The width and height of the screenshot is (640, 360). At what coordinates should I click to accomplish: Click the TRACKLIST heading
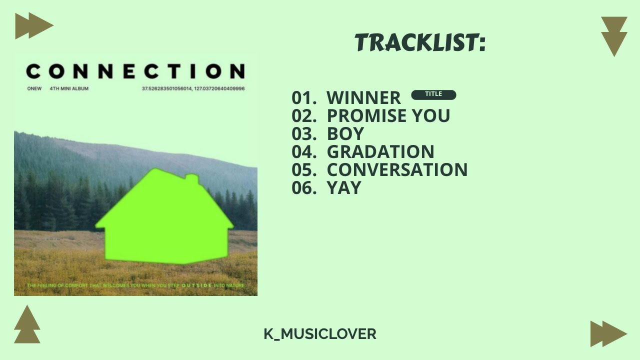[420, 43]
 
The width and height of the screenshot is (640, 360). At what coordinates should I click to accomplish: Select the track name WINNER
[363, 98]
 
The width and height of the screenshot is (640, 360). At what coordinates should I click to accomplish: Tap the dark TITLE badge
[433, 94]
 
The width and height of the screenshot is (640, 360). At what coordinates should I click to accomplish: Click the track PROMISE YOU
[388, 116]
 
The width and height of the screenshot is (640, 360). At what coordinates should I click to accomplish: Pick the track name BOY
[345, 134]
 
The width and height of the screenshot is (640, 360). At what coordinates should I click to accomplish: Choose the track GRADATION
[380, 152]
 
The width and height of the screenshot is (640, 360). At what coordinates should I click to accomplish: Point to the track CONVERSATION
[397, 170]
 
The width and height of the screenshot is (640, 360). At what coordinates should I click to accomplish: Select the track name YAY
[343, 188]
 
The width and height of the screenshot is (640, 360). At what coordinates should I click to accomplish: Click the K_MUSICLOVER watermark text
[320, 334]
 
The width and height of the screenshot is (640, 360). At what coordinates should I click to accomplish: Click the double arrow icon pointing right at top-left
[33, 26]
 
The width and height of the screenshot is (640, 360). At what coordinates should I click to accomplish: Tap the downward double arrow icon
[614, 36]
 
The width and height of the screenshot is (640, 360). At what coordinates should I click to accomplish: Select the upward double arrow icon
[27, 325]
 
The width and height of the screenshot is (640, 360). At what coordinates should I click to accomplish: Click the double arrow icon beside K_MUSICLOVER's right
[608, 334]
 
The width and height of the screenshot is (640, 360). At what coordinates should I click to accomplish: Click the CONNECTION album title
[135, 71]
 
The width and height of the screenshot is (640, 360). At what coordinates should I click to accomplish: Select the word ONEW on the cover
[34, 89]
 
